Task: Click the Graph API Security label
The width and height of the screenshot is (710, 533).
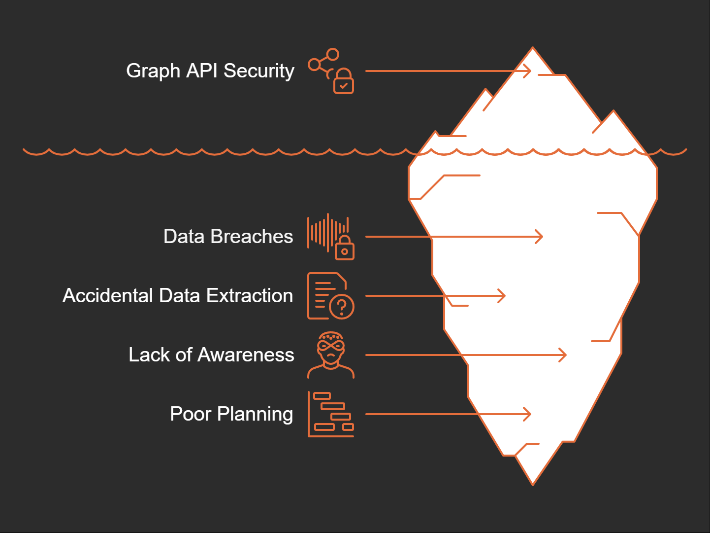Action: coord(210,71)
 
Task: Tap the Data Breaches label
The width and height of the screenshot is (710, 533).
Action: coord(228,237)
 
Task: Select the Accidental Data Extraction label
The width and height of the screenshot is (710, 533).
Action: coord(178,296)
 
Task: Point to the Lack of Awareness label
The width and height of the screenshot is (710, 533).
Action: coord(211,355)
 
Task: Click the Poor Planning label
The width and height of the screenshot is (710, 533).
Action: coord(231,414)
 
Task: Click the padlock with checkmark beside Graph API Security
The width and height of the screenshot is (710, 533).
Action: coord(344,82)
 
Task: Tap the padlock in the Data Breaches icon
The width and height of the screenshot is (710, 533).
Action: coord(345,249)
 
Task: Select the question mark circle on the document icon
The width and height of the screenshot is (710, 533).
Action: coord(342,307)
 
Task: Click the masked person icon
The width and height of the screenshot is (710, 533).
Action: coord(331,355)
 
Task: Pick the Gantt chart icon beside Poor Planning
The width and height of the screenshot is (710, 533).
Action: coord(331,414)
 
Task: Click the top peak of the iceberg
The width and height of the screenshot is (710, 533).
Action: coord(533,49)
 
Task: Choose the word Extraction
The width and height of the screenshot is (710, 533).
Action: coord(250,296)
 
